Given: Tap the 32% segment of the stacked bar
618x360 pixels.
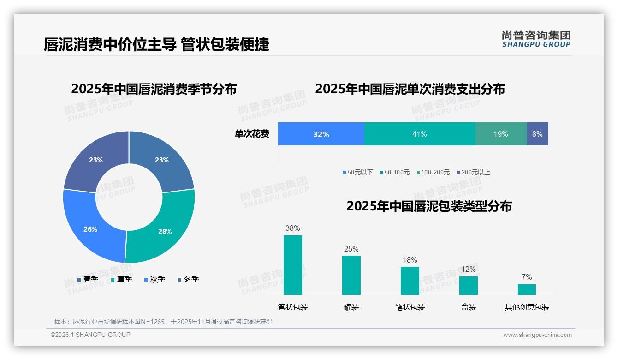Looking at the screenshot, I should (x=321, y=134).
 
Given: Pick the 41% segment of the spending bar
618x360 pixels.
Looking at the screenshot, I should (x=420, y=134).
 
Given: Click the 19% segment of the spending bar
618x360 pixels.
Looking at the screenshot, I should (x=501, y=134).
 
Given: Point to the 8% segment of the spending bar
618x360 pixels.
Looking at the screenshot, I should (x=537, y=134).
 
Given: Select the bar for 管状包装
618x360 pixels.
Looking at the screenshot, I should (x=293, y=265).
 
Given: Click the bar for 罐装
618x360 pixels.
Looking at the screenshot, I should (x=351, y=275).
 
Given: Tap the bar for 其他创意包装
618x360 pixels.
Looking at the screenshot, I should (x=527, y=289).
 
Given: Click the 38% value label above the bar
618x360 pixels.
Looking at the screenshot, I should (x=293, y=228).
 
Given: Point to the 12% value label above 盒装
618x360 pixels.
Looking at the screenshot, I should (x=469, y=269).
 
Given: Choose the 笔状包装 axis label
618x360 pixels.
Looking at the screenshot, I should (x=410, y=307).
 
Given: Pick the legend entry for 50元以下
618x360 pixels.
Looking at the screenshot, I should (x=358, y=172).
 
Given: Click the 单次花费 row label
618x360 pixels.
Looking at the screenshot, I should (x=252, y=134).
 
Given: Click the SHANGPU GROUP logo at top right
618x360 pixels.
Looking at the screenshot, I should (x=536, y=39).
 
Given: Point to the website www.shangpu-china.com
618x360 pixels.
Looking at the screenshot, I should (x=537, y=335).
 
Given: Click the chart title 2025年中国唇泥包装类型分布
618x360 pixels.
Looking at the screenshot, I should (x=429, y=206).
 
